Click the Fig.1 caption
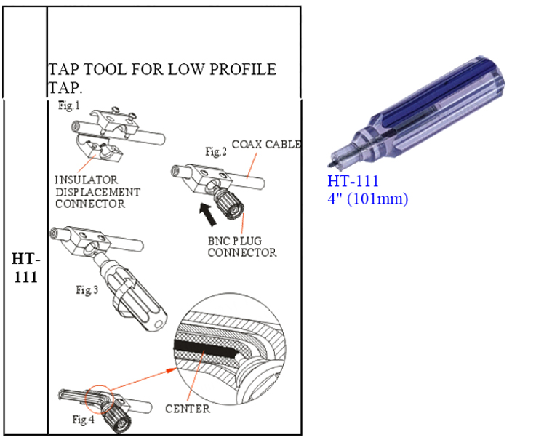69,105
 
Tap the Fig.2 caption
216,151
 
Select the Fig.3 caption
87,289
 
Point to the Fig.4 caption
83,420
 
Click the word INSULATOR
86,180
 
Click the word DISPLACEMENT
97,192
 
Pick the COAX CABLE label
266,144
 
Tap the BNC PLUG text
235,241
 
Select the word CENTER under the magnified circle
188,409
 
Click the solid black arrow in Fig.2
208,215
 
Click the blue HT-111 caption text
353,181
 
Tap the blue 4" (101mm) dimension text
368,199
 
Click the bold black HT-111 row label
25,268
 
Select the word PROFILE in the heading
243,69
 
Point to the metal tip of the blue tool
330,164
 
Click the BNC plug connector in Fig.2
228,202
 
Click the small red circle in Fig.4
99,399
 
